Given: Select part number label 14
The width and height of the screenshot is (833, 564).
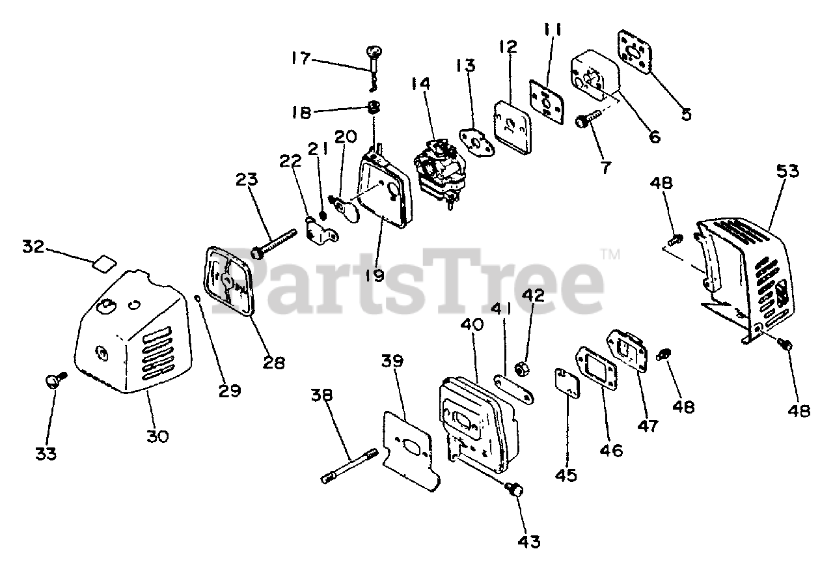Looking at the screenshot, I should point(421,84).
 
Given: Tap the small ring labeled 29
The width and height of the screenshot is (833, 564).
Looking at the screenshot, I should point(198,298).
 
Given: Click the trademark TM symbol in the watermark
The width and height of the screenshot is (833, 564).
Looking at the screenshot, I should point(612,254).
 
